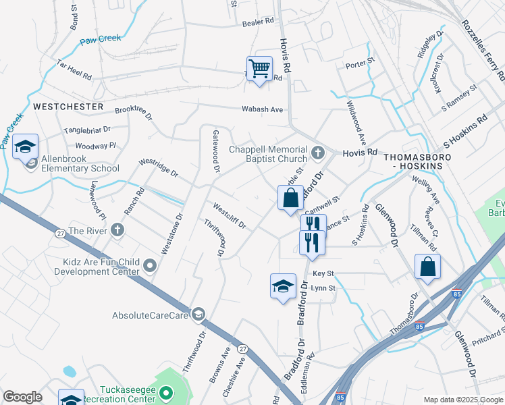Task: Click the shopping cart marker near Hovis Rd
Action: click(259, 69)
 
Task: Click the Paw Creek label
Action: click(100, 39)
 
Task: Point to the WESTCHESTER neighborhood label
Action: click(68, 107)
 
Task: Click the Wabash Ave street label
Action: click(263, 109)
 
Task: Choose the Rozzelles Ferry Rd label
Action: click(482, 48)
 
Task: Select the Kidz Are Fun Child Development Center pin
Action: click(150, 267)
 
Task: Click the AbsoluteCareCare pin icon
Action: click(198, 313)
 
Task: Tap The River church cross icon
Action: click(118, 230)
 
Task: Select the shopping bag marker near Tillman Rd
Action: click(428, 266)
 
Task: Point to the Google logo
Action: click(22, 397)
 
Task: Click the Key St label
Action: click(323, 273)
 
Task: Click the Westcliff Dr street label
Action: click(230, 215)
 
